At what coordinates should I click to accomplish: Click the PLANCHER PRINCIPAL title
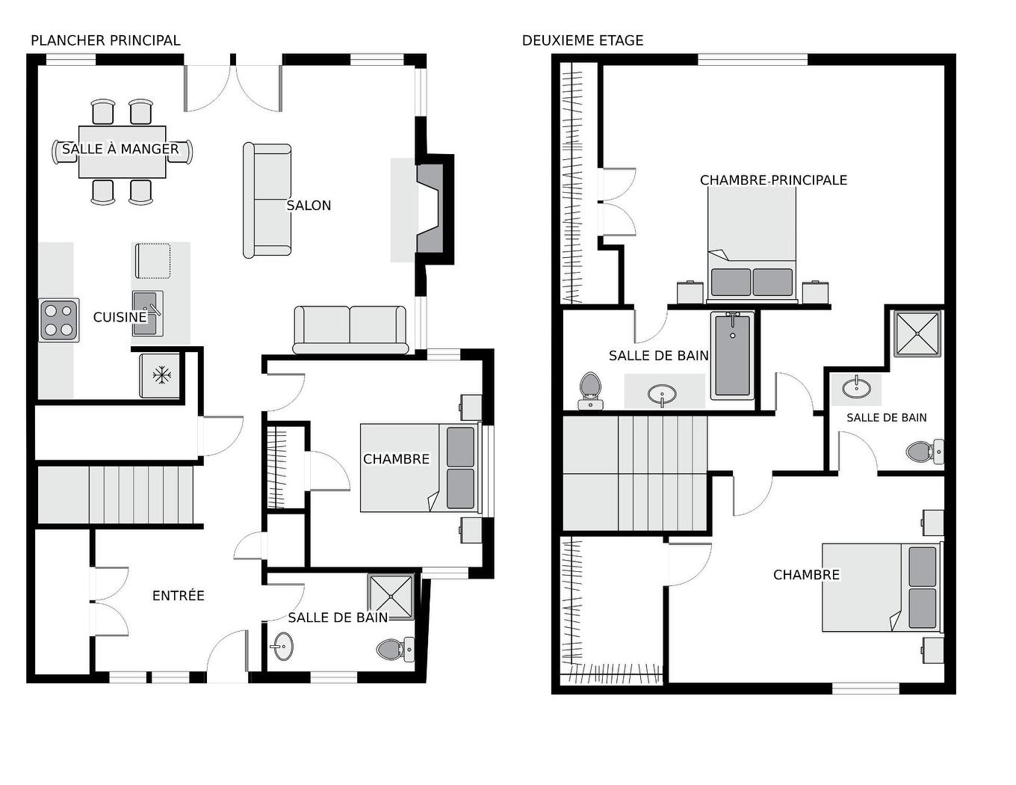pyautogui.click(x=105, y=40)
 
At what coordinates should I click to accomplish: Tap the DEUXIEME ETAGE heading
pyautogui.click(x=583, y=40)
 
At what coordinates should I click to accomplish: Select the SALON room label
pyautogui.click(x=309, y=206)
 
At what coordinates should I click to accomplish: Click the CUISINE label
pyautogui.click(x=120, y=317)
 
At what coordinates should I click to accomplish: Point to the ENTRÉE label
pyautogui.click(x=179, y=596)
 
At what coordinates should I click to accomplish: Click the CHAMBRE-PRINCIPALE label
pyautogui.click(x=773, y=180)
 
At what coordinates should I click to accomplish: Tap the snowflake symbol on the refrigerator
pyautogui.click(x=162, y=375)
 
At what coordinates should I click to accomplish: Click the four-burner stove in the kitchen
pyautogui.click(x=59, y=320)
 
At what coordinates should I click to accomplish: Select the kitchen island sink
pyautogui.click(x=147, y=313)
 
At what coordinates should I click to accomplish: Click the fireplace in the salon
pyautogui.click(x=430, y=210)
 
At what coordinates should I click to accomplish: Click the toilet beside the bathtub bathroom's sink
pyautogui.click(x=590, y=390)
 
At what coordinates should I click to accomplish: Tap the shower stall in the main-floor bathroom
pyautogui.click(x=391, y=597)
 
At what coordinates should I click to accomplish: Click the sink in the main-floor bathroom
pyautogui.click(x=282, y=646)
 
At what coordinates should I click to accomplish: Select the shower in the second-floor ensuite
pyautogui.click(x=917, y=333)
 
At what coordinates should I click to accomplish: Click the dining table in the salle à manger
pyautogui.click(x=122, y=152)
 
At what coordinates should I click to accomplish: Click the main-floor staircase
pyautogui.click(x=115, y=494)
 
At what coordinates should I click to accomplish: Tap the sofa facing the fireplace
pyautogui.click(x=267, y=200)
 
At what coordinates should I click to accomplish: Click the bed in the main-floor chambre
pyautogui.click(x=421, y=468)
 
